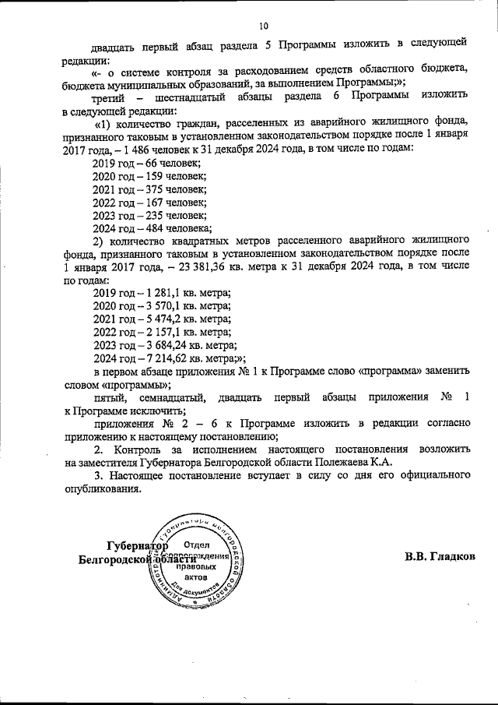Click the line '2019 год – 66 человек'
146,164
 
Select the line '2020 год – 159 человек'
149,176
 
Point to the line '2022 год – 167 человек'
149,203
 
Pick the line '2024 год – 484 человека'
152,228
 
